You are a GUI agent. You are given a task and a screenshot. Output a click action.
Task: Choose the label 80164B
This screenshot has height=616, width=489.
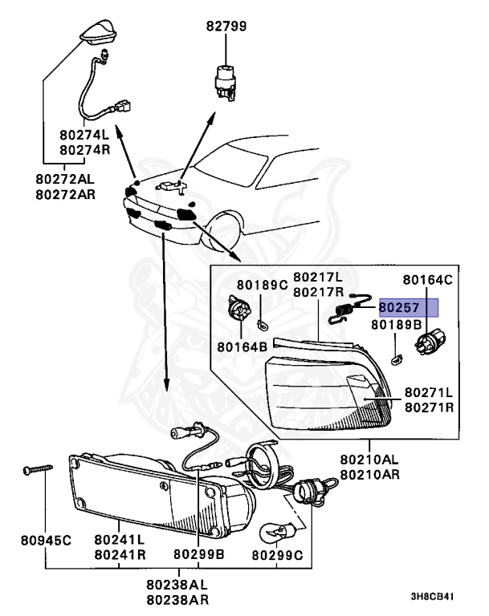tap(242, 347)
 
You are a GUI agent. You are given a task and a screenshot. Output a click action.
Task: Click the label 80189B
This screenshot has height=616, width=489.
tap(396, 326)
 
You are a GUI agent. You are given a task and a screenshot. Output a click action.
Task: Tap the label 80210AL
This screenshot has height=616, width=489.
tap(369, 460)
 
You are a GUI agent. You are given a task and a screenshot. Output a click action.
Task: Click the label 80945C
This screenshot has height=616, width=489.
tap(46, 541)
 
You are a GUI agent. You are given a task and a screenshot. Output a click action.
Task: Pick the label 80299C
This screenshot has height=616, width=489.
tap(278, 554)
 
